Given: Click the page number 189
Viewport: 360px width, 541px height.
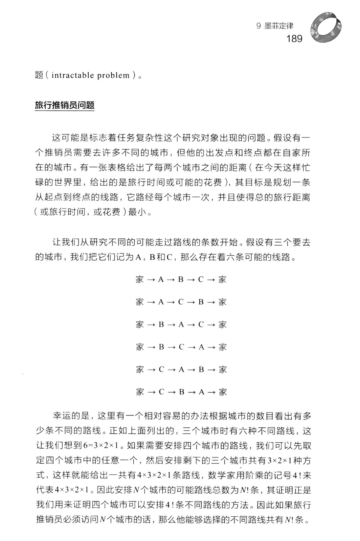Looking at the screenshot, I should tap(294, 39).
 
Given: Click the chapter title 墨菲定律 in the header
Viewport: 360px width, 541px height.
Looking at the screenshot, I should tap(278, 26).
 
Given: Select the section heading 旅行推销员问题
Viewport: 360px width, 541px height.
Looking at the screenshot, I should tap(65, 105).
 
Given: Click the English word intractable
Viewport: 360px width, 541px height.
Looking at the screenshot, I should tap(73, 75).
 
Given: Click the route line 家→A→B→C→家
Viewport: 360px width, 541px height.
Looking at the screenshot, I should tap(181, 280).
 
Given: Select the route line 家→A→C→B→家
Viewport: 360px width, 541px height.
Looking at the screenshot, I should tap(181, 302).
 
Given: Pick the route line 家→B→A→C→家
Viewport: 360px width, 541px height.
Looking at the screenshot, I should tap(181, 325).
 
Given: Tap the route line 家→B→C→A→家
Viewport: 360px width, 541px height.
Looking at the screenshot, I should tap(181, 347).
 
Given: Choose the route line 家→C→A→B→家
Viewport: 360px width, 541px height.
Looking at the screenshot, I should tap(181, 370).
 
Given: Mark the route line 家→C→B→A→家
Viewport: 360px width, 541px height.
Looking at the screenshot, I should tap(181, 392).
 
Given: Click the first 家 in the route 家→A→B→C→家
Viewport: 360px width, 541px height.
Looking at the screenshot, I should tap(140, 280).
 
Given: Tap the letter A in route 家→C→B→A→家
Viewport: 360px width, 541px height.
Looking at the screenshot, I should tap(202, 392).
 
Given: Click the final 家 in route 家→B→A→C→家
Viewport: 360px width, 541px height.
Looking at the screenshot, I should tap(222, 325).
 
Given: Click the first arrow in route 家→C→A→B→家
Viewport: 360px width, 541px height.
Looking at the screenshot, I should tap(151, 370).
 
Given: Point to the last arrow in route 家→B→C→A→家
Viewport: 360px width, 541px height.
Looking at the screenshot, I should tap(211, 347).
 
